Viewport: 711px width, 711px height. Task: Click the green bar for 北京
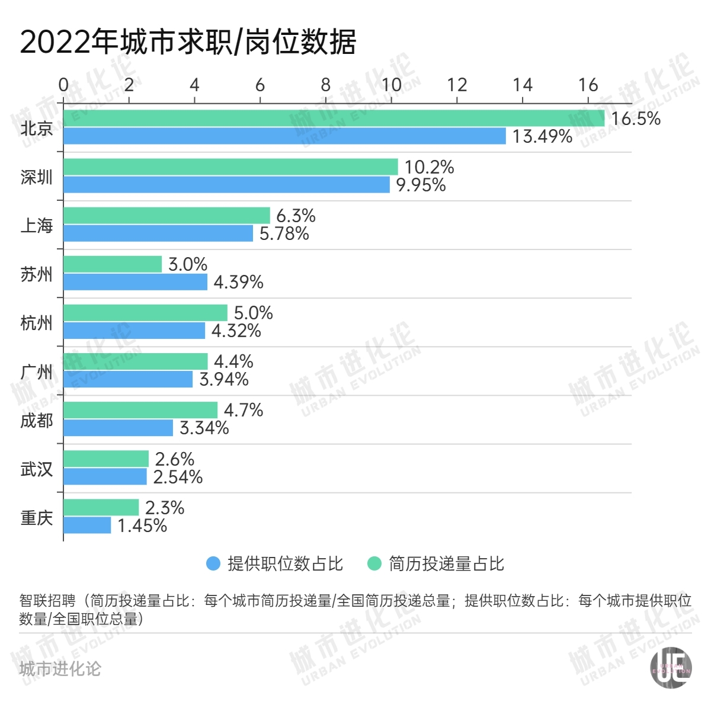pos(334,118)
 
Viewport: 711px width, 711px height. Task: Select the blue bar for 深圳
pos(226,185)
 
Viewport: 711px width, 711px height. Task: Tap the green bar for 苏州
pos(113,264)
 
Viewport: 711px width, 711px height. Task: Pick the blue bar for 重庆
pos(87,526)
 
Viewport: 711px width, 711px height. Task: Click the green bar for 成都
pos(140,410)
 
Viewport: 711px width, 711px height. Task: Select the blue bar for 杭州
pos(134,331)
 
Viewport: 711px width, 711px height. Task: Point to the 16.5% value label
pos(636,118)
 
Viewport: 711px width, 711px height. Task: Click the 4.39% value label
pos(238,282)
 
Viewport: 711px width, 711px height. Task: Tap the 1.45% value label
pos(142,526)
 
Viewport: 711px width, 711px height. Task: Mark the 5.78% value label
pos(284,233)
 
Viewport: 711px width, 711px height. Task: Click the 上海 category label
pos(37,226)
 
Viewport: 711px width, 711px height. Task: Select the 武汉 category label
pos(37,469)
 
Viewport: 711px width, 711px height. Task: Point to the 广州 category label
pos(37,372)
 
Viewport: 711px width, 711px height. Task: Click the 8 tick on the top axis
pos(325,85)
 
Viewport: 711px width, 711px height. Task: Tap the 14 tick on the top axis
pos(522,85)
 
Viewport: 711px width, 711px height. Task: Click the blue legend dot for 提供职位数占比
pos(213,563)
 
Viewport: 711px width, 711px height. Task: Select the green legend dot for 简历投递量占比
pos(374,563)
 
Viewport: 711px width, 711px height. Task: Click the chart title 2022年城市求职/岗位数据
pos(188,42)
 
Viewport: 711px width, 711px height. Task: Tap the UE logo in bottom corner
pos(671,668)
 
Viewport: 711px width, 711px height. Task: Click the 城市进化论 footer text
pos(60,669)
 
